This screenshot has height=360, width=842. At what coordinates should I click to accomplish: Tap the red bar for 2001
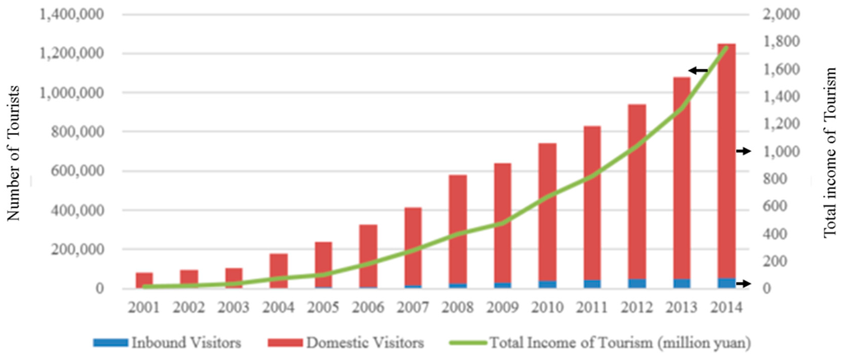click(145, 279)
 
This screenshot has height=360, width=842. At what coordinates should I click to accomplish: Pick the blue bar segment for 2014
click(726, 284)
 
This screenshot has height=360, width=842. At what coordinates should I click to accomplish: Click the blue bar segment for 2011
click(592, 284)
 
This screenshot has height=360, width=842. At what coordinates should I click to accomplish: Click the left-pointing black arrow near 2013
click(698, 71)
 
